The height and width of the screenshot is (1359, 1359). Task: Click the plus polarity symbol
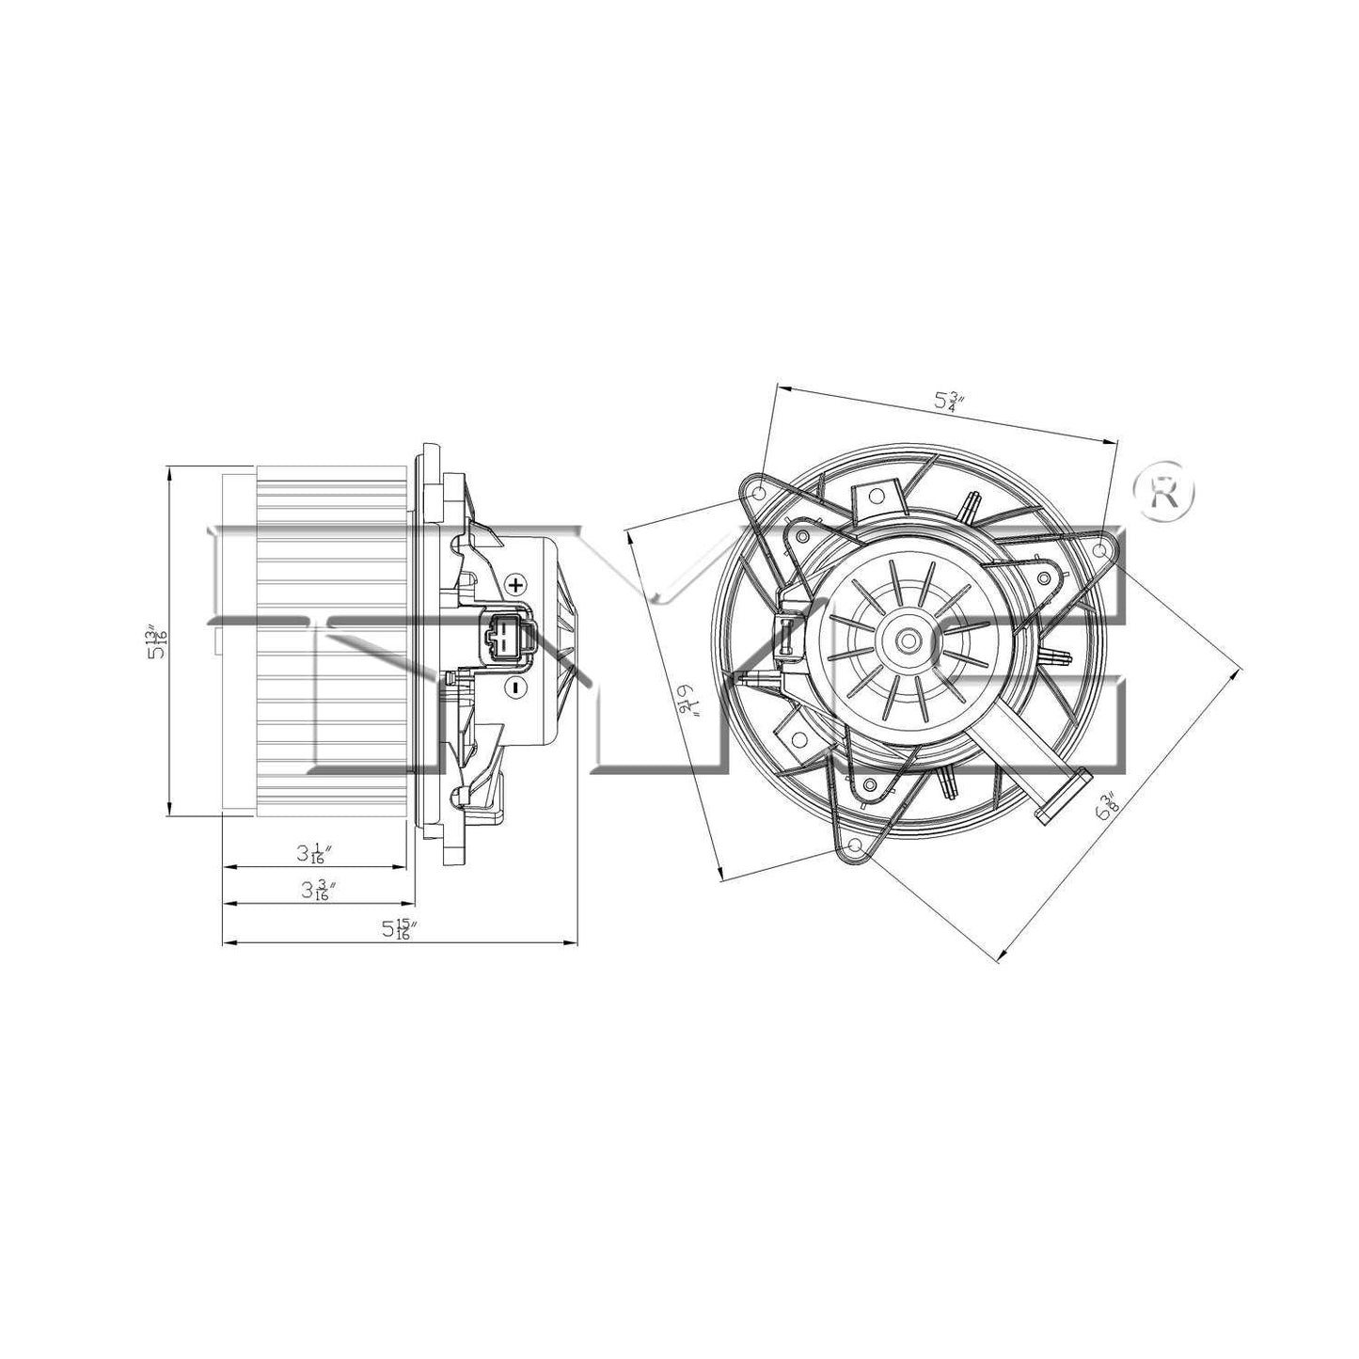515,584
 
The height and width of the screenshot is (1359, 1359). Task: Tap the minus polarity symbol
514,688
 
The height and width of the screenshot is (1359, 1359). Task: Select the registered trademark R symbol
1165,492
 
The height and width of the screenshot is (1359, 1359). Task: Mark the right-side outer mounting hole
1104,545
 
